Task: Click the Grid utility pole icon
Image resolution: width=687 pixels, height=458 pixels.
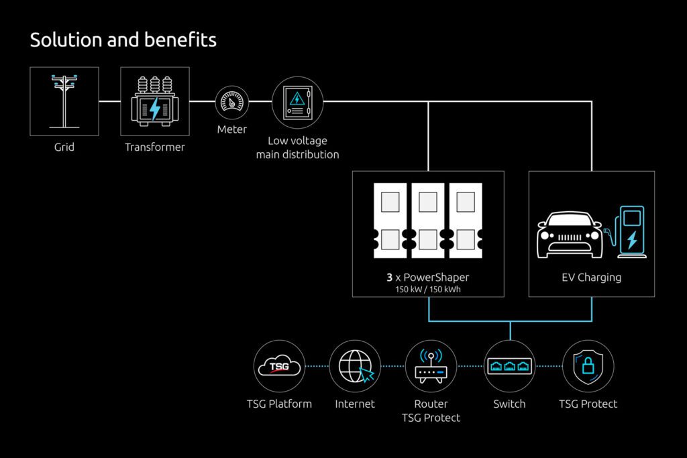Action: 64,101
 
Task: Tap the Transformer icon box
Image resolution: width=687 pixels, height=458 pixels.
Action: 155,101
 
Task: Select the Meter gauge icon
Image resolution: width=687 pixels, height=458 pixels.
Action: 232,103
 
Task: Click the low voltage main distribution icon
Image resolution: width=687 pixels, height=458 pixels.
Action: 297,102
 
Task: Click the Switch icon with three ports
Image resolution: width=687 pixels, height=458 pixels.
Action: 509,366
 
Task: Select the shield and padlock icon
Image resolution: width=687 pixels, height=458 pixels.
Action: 588,366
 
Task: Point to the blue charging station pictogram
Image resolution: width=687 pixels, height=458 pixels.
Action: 630,231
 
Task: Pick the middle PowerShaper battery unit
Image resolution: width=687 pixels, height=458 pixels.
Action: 428,221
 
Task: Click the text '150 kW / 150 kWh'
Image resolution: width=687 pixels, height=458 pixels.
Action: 428,289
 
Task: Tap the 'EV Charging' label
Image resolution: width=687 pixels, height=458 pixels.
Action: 592,277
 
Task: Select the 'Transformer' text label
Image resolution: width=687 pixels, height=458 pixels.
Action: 155,147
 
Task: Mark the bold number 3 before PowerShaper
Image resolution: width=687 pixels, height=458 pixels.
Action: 389,277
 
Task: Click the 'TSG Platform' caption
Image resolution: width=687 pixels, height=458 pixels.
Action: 279,404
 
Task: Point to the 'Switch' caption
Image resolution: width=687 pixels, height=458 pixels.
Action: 509,404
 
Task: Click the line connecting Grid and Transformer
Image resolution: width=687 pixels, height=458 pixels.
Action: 110,101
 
